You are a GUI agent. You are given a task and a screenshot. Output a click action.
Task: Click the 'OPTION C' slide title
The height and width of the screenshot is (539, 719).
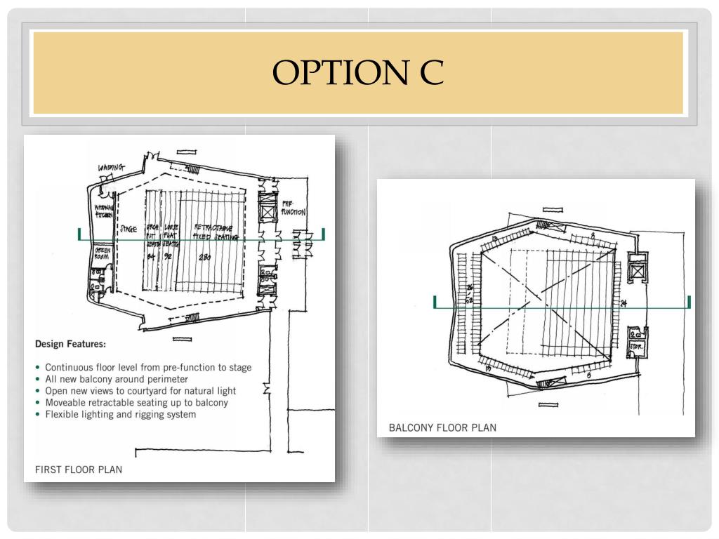358,72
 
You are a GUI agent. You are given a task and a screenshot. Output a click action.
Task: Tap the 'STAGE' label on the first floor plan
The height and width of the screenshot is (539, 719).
128,229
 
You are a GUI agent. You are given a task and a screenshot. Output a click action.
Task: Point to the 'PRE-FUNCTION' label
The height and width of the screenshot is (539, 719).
293,207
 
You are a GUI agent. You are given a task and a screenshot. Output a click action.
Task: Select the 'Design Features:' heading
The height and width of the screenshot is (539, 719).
70,344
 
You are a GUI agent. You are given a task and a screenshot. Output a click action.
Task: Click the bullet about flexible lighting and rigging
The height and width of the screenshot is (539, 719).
120,414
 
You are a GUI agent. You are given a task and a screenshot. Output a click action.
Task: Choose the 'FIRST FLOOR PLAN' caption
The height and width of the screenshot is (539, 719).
78,469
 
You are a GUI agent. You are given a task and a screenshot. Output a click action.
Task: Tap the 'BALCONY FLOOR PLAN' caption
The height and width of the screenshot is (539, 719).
442,427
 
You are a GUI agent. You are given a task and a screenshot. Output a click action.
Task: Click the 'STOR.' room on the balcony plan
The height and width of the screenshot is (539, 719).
636,346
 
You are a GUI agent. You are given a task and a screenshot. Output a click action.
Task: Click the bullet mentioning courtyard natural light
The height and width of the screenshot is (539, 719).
140,390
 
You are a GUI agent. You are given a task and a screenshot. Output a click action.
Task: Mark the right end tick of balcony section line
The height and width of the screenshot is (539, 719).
689,302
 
